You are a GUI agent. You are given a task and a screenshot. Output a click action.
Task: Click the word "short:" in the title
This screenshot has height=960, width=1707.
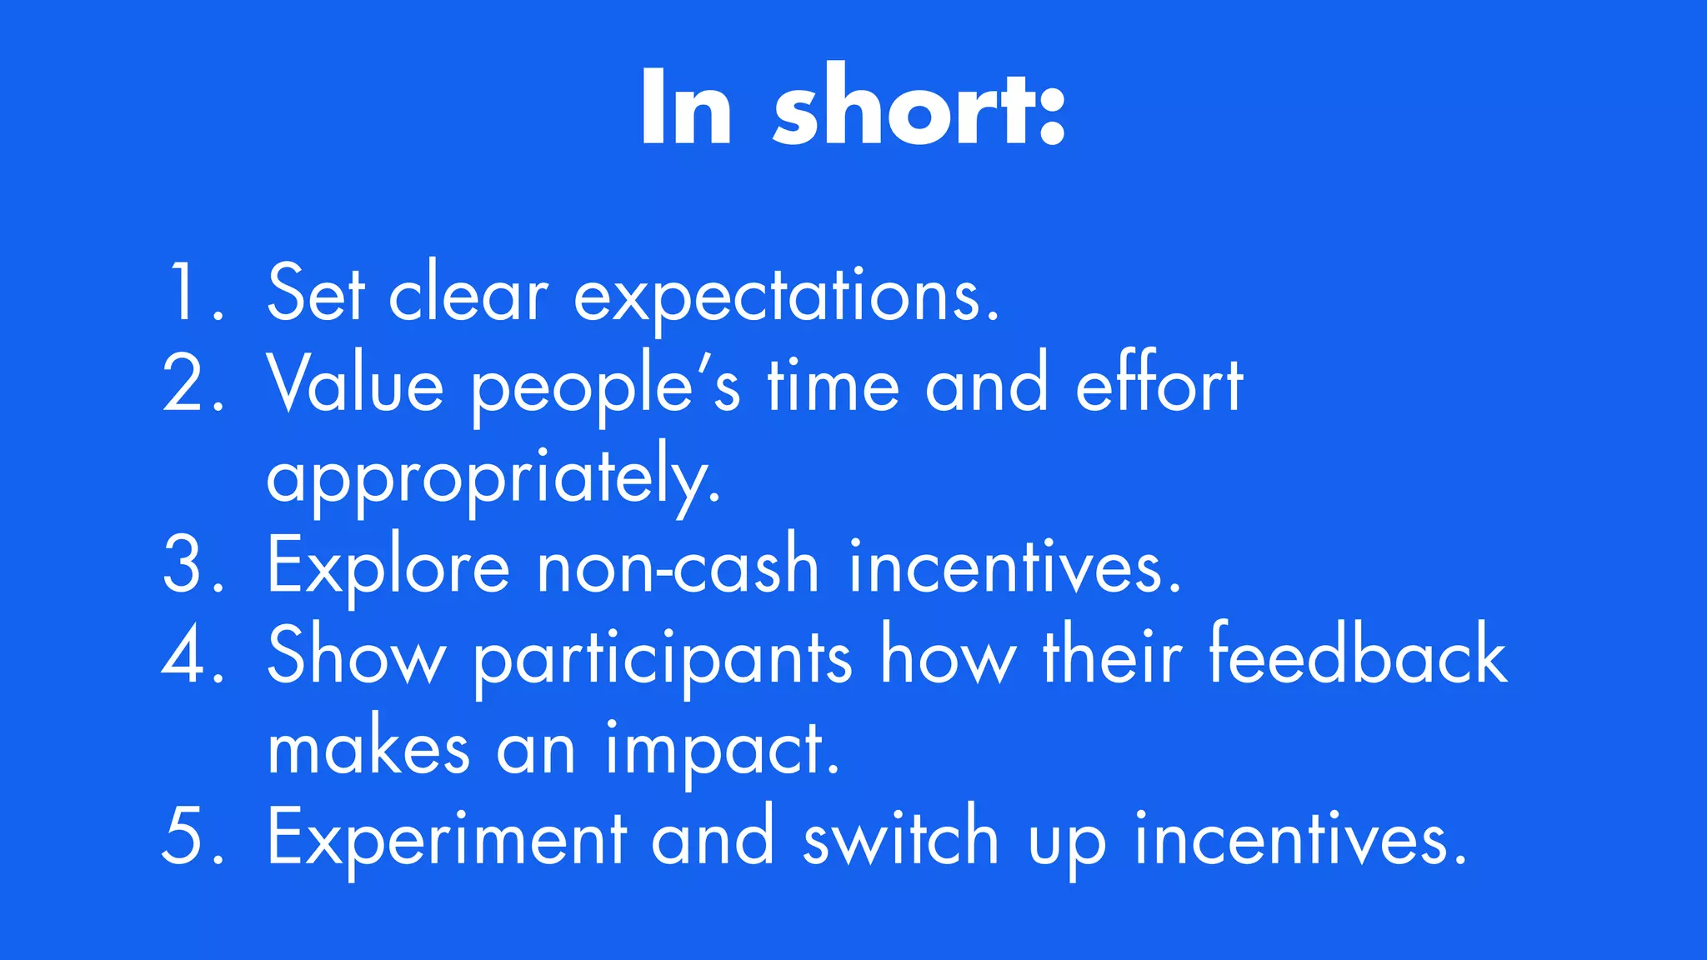tap(919, 108)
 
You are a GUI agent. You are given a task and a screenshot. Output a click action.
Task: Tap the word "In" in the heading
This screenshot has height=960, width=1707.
tap(685, 108)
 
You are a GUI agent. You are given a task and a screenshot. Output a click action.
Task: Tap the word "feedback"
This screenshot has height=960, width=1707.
tap(1358, 655)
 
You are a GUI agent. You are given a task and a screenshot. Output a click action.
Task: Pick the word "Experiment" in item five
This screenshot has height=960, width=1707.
tap(446, 838)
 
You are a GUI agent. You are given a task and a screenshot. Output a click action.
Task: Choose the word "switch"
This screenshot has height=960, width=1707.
tap(900, 837)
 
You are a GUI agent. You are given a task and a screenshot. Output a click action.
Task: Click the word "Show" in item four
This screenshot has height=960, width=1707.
tap(357, 655)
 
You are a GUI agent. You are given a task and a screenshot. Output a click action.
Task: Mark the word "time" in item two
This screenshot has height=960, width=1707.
tap(833, 385)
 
